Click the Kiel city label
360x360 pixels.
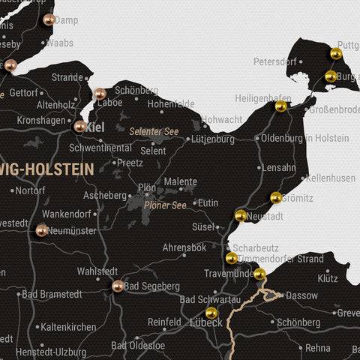[96, 127]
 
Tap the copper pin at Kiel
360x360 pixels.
[79, 126]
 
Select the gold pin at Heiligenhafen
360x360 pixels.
[280, 106]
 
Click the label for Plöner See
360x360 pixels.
[166, 205]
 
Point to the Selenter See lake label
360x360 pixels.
[154, 131]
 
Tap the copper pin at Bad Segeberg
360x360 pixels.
[118, 285]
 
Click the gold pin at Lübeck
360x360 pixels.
[211, 312]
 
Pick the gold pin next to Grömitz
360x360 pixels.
[276, 197]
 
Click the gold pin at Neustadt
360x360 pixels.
[241, 215]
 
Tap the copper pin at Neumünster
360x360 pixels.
[42, 229]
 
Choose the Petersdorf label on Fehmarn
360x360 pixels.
[275, 61]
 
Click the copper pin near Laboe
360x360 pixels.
[100, 94]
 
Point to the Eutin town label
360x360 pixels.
[208, 202]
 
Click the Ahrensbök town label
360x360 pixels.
[184, 247]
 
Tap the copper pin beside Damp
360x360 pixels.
[49, 19]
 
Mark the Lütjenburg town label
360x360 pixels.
[213, 139]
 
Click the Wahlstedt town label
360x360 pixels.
[97, 271]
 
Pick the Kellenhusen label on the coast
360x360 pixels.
[331, 178]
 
